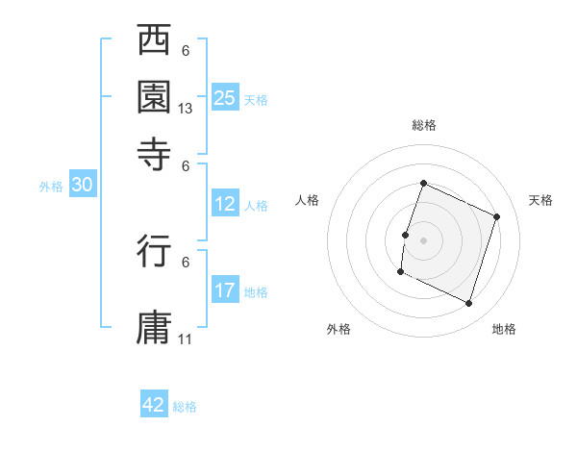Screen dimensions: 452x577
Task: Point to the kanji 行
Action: (x=155, y=253)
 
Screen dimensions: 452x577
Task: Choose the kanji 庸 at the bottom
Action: (x=155, y=326)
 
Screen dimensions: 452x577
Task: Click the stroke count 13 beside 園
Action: (x=186, y=109)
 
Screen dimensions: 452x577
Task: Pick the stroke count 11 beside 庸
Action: (x=186, y=339)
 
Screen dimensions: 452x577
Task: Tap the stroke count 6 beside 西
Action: (x=186, y=50)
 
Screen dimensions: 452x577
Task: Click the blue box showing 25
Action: (x=224, y=97)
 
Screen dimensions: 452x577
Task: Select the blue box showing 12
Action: (x=224, y=204)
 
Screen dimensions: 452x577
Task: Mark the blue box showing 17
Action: (x=224, y=290)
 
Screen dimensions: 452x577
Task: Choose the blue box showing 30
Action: (x=82, y=186)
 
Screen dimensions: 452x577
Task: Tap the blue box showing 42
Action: (x=154, y=405)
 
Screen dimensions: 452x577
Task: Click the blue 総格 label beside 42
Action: (x=185, y=407)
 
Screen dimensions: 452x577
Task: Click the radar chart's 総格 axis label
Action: (x=423, y=125)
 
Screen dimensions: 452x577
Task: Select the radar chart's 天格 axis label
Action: (x=540, y=200)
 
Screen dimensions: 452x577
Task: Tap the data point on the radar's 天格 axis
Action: (x=497, y=216)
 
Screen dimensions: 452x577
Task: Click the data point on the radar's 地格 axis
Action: (x=469, y=304)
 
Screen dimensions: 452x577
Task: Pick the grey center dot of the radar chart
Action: (x=423, y=239)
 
